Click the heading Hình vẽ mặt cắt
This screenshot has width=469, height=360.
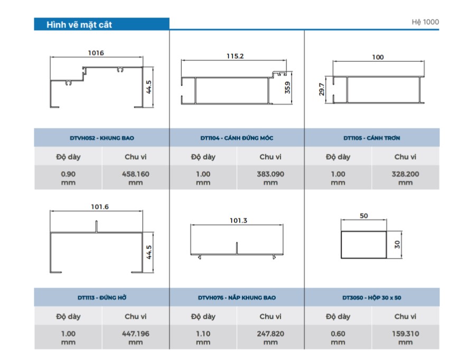pos(79,24)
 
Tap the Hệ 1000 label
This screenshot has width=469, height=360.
pos(425,22)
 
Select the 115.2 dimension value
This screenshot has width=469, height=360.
pos(235,56)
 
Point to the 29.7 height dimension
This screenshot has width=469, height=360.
pos(322,89)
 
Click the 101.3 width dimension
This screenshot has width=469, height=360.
pos(238,220)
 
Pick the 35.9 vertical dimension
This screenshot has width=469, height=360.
pos(287,87)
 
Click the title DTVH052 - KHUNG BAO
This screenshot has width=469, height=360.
pos(102,138)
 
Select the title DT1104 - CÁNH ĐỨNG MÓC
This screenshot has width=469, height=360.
pos(237,138)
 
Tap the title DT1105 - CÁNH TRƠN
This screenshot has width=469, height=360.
pos(371,138)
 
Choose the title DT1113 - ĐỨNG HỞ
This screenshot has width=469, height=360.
pos(102,298)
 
